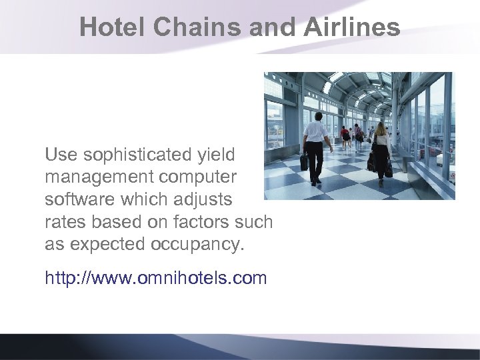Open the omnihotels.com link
click(x=155, y=277)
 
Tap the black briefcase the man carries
click(x=305, y=161)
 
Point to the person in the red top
click(x=345, y=135)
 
